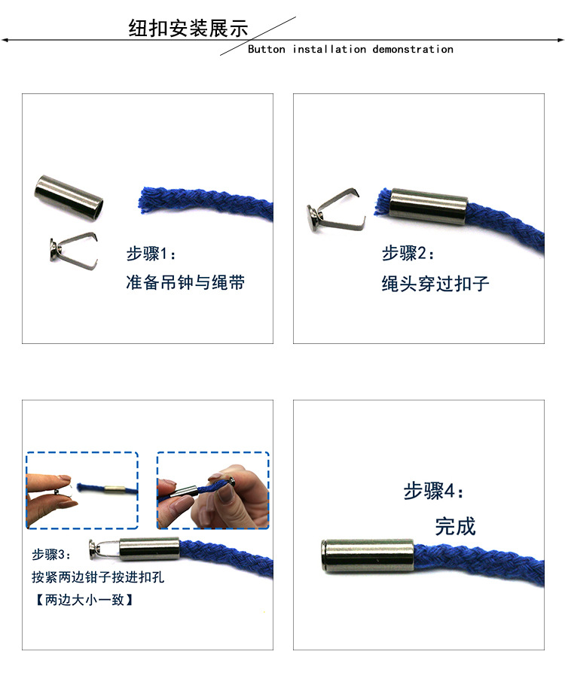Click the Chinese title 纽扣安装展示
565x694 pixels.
coord(188,29)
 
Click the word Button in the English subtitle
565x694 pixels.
coord(267,50)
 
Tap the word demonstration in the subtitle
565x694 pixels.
coord(413,50)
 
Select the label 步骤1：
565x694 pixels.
coord(151,254)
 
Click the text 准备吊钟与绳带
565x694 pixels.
coord(185,283)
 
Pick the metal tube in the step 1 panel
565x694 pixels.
coord(69,198)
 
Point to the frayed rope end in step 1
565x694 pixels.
coord(150,201)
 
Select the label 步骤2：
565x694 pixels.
coord(408,254)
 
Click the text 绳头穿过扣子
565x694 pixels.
coord(435,284)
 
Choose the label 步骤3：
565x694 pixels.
coord(52,555)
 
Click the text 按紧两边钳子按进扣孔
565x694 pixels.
coord(98,577)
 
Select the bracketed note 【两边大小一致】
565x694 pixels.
coord(84,600)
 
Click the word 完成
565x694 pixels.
coord(455,525)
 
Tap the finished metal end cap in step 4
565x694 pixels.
coord(368,556)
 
